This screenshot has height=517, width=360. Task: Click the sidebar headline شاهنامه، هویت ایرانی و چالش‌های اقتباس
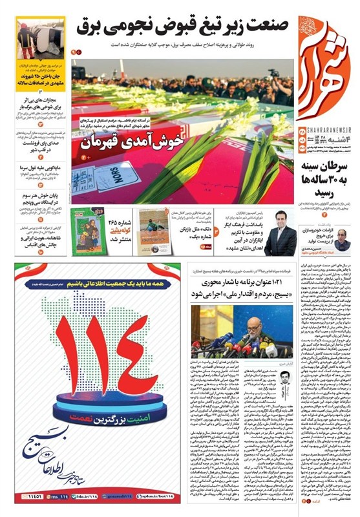click(x=36, y=246)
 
